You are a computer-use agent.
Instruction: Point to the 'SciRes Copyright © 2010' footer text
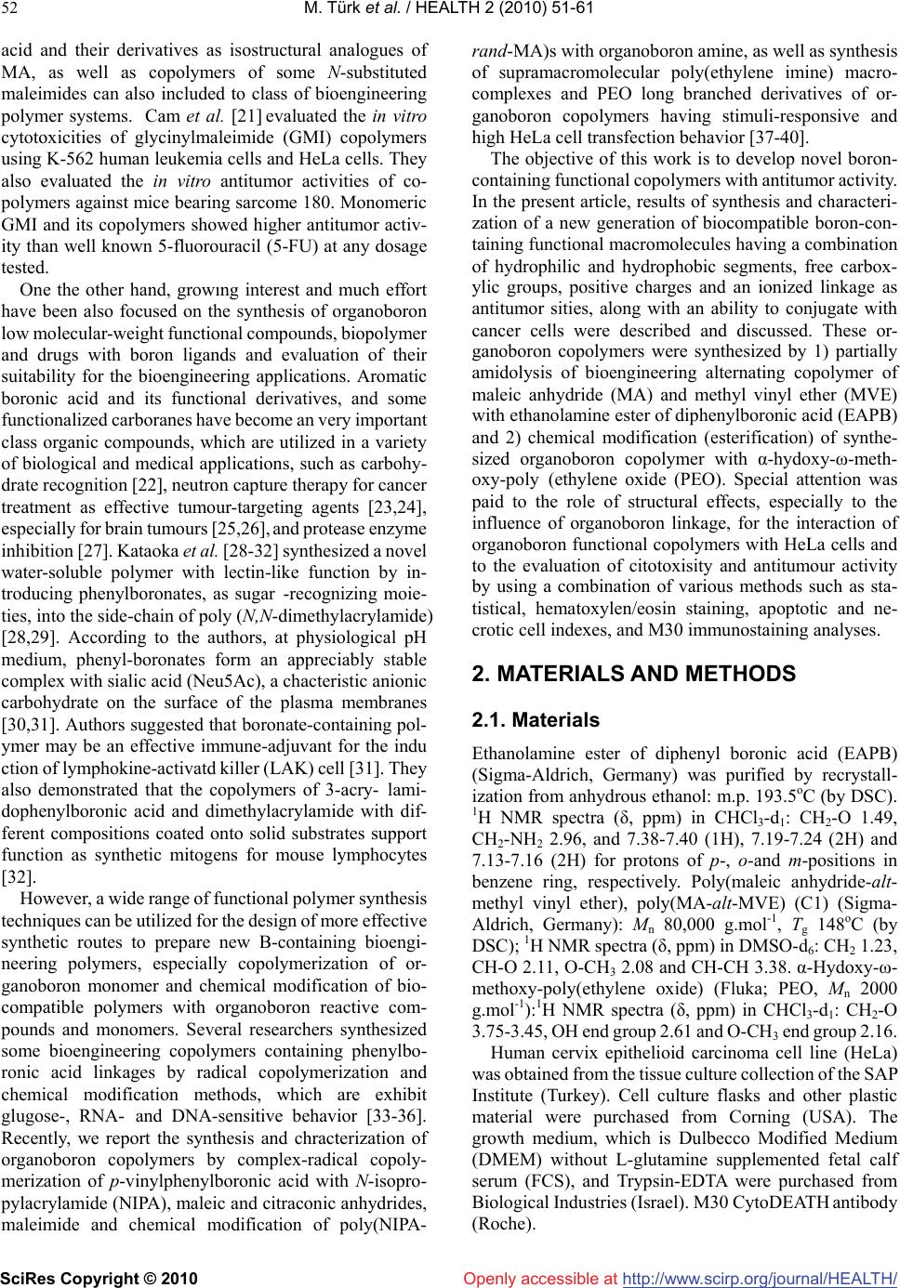click(99, 1279)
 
